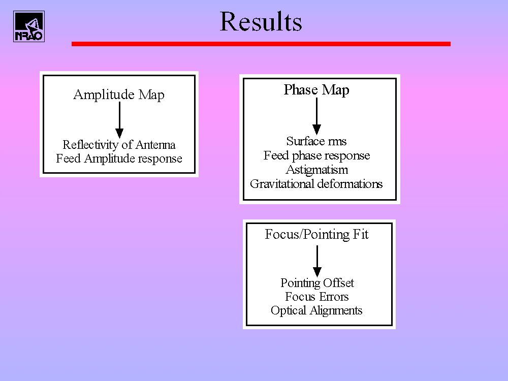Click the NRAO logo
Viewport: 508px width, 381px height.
click(x=29, y=26)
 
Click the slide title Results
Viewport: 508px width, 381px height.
click(x=261, y=21)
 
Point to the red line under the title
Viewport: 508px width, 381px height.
click(x=261, y=44)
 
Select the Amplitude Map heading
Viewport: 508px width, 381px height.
click(x=119, y=94)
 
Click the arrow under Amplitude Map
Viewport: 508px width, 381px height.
click(x=119, y=120)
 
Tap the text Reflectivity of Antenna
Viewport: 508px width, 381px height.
click(x=119, y=144)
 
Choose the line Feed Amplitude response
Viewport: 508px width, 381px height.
click(x=119, y=158)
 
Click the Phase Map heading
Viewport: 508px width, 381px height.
click(x=316, y=90)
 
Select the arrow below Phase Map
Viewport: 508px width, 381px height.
click(x=316, y=116)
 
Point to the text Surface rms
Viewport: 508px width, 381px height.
click(x=316, y=141)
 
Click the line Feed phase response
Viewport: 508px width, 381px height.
click(x=316, y=155)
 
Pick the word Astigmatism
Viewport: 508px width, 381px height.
click(x=317, y=170)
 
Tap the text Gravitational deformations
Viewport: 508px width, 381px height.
click(x=316, y=184)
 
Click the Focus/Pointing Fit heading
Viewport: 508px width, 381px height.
click(x=316, y=234)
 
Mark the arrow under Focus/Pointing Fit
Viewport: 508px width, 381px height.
click(x=317, y=261)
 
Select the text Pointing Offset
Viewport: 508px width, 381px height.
click(x=317, y=283)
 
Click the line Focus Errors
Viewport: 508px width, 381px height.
click(x=317, y=297)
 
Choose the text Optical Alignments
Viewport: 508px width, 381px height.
click(x=316, y=310)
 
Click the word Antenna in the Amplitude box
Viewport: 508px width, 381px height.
click(x=155, y=144)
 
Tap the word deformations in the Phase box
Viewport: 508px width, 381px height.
click(x=350, y=184)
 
